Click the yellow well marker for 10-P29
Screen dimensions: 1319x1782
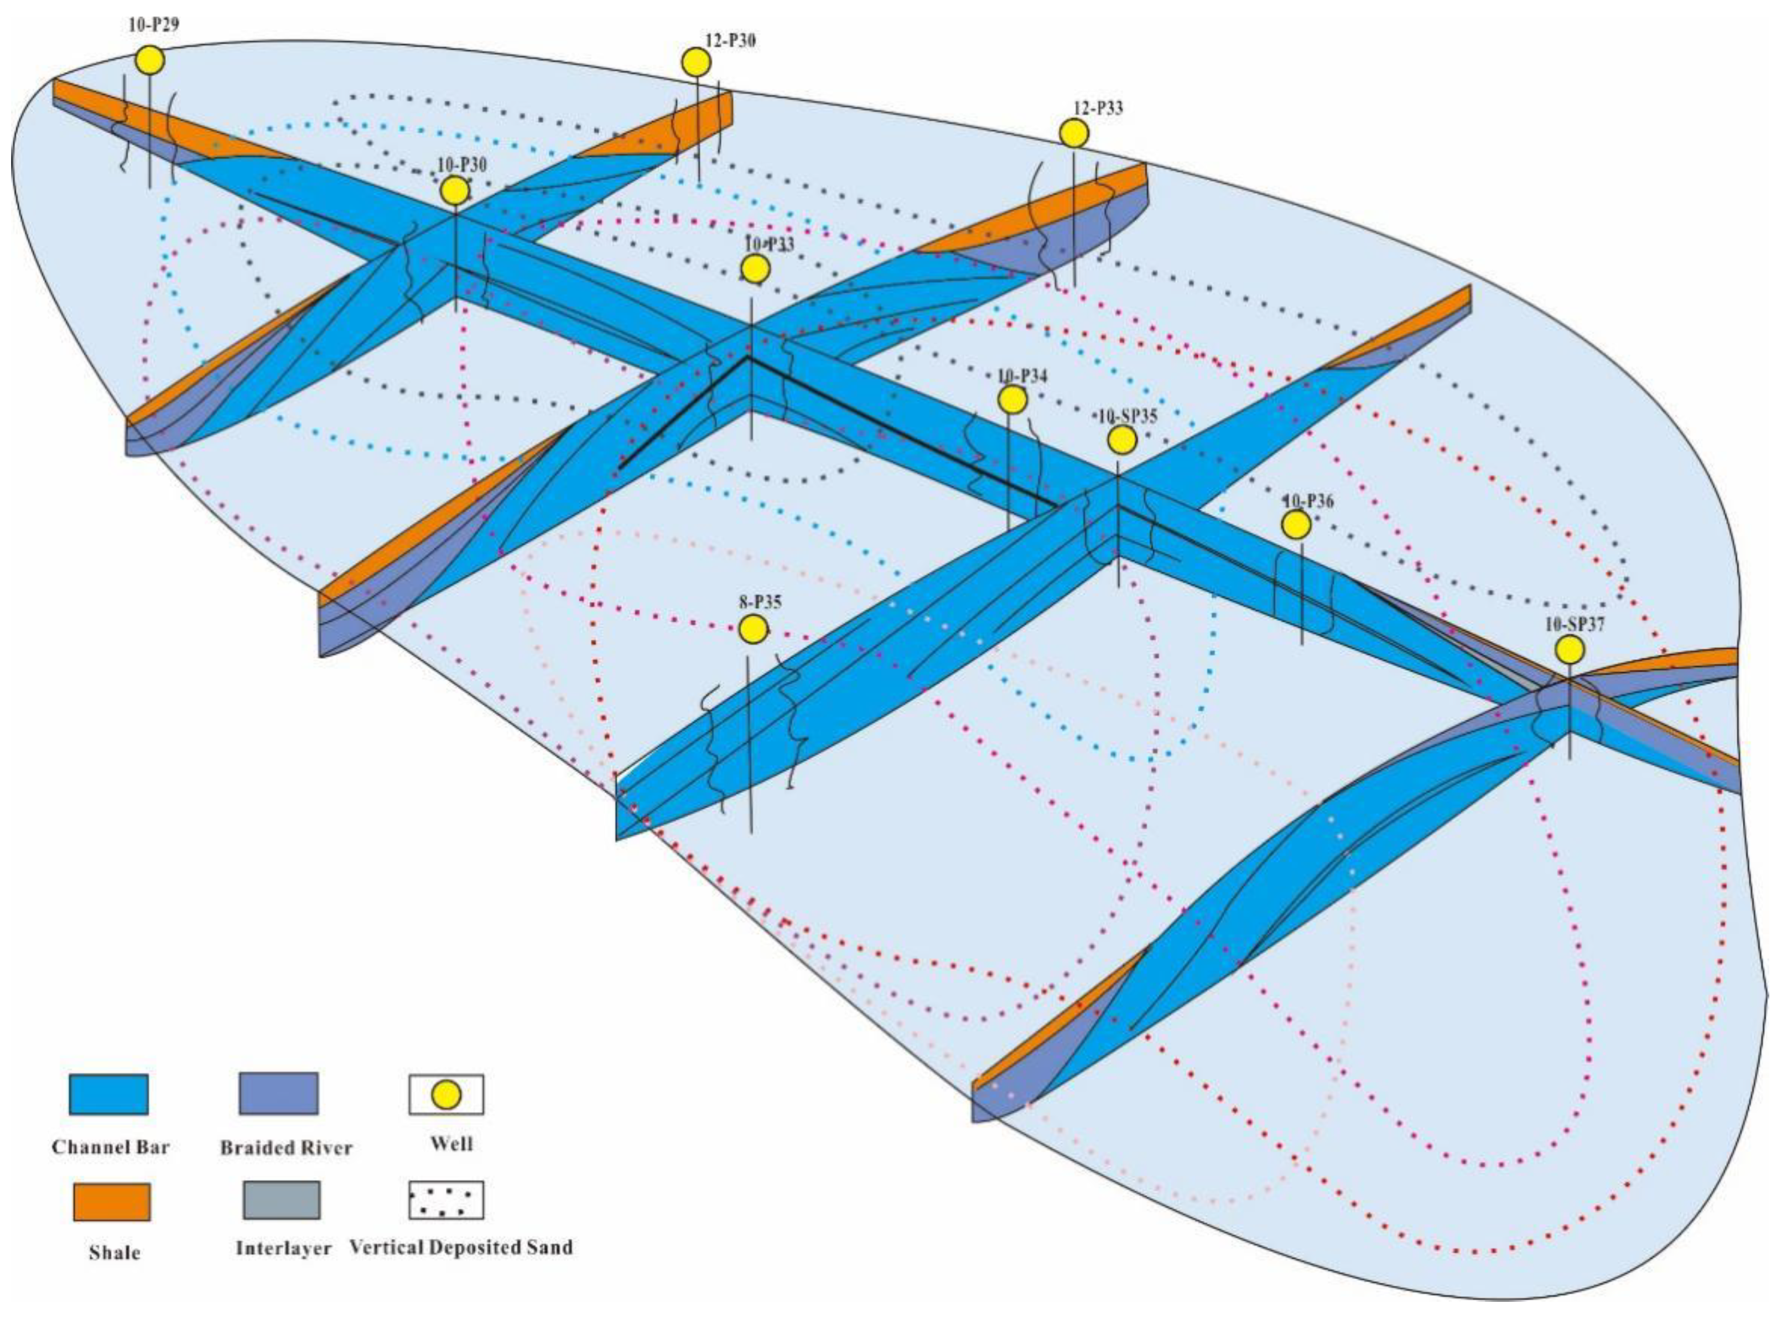(149, 60)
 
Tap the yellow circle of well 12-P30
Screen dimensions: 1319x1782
(696, 61)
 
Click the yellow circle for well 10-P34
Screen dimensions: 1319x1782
(1012, 399)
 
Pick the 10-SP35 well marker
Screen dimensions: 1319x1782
(1122, 439)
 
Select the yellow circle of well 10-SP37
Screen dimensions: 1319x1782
(1570, 649)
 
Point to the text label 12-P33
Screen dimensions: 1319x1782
(1097, 108)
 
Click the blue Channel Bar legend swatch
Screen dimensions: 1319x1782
(108, 1094)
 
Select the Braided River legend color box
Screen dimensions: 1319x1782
(278, 1094)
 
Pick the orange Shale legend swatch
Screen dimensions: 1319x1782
(111, 1202)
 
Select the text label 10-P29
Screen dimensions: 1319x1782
(153, 24)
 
